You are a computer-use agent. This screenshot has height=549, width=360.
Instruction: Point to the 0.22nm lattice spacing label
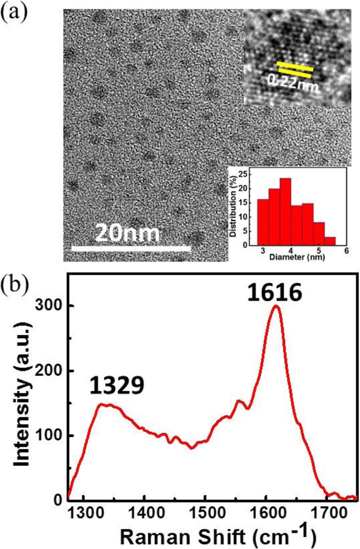pos(293,81)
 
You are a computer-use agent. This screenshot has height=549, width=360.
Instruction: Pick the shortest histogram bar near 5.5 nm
pos(330,241)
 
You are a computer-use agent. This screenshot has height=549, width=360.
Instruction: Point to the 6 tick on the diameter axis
pos(346,251)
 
